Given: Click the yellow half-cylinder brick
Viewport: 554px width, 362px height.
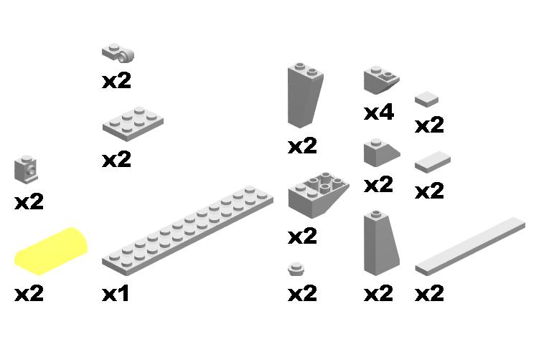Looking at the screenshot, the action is point(51,251).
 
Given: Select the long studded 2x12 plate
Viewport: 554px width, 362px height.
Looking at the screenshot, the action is point(187,230).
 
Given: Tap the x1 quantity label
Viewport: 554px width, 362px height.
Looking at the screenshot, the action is point(116,294).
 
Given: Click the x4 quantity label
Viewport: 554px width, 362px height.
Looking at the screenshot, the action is point(379,113).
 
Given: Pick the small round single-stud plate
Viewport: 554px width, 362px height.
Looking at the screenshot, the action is point(296,269).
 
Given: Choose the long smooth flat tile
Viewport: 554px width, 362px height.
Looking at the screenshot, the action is point(470,247).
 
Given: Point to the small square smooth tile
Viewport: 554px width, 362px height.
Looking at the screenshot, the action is point(426,99).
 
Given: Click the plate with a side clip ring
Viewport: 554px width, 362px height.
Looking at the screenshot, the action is point(118,53).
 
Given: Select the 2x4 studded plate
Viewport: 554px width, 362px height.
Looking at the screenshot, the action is point(133,123).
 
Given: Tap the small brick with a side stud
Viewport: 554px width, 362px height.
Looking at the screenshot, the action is point(26,169).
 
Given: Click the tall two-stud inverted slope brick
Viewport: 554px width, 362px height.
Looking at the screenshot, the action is point(305,95).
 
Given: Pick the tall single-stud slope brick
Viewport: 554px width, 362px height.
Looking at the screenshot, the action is point(381,244).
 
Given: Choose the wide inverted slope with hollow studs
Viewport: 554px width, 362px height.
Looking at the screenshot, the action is point(319,195).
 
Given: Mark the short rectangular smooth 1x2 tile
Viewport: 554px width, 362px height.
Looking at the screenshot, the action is point(433,162).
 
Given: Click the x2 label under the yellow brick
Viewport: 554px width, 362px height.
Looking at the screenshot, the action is point(29,294).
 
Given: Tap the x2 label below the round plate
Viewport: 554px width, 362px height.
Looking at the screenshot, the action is point(302,294).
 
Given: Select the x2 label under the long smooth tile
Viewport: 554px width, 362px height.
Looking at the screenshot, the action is point(429,294).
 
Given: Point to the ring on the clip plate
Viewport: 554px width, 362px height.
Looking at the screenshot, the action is point(126,56).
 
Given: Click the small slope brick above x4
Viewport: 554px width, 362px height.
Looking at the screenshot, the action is point(382,80).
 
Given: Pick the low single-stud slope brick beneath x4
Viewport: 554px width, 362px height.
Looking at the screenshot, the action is point(382,153).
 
